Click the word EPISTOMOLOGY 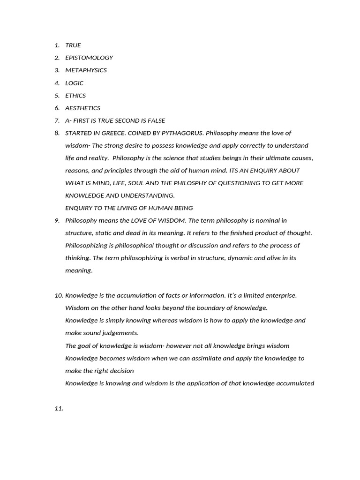coord(89,58)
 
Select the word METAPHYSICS coord(86,70)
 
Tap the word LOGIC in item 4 coord(74,83)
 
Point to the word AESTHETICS coord(82,108)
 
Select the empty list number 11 coord(59,408)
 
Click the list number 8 coord(57,133)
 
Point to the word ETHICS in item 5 coord(75,96)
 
